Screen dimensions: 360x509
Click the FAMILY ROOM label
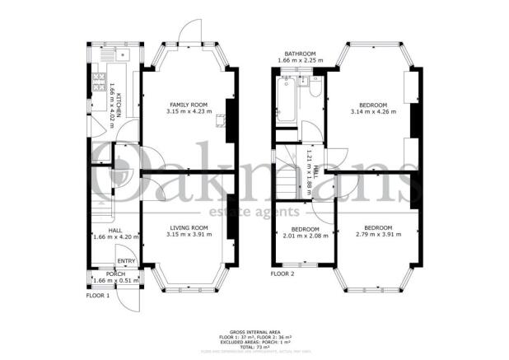pos(188,105)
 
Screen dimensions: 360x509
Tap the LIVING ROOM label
pos(188,227)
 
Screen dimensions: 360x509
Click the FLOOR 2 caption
pos(283,274)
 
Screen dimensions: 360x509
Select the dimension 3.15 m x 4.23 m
pos(188,112)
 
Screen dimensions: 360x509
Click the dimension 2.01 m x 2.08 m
pos(306,236)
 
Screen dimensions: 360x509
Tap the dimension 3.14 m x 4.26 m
pos(368,112)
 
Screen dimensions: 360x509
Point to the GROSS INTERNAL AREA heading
pos(254,324)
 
